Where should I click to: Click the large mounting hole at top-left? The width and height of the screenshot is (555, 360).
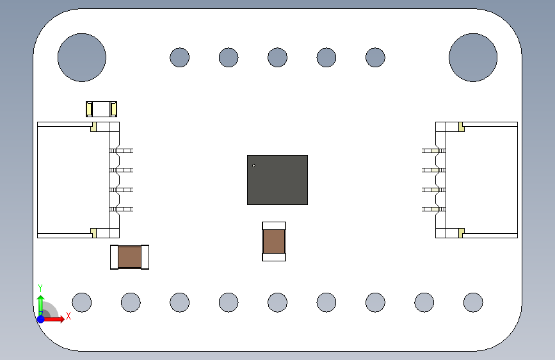[81, 57]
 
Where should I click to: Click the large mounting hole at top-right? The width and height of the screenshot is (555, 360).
[473, 57]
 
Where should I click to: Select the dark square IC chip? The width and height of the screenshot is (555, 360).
[277, 180]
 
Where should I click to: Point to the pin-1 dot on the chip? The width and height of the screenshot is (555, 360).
[253, 166]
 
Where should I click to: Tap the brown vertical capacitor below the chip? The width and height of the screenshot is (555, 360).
[274, 241]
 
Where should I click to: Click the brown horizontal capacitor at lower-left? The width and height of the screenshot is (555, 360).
[129, 257]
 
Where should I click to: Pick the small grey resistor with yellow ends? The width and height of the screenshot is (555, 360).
[102, 109]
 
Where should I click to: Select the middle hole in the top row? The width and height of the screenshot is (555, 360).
[277, 57]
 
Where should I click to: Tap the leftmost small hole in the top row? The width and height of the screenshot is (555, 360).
[179, 57]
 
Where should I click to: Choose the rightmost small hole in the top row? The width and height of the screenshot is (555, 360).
[375, 57]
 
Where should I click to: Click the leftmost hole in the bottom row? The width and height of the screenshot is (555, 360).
[81, 302]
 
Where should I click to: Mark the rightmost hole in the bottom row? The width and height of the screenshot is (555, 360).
[473, 302]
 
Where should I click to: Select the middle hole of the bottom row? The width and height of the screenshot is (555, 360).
[277, 302]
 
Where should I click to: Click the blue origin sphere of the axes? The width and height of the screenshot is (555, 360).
[40, 318]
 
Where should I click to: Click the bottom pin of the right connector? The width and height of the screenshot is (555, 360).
[430, 209]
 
